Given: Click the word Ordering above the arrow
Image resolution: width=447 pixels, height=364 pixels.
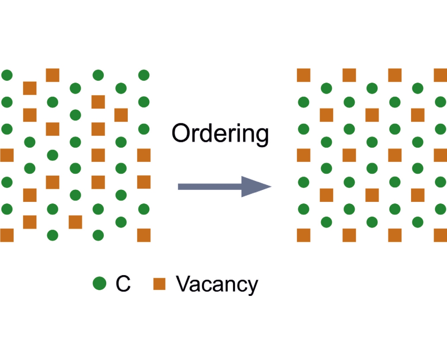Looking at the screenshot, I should [x=220, y=134].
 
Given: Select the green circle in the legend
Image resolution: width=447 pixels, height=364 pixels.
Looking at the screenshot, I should [x=99, y=283].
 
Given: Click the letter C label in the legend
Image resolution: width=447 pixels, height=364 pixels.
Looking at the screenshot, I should [x=123, y=284].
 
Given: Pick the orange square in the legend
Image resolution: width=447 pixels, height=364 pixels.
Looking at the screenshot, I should [x=159, y=283].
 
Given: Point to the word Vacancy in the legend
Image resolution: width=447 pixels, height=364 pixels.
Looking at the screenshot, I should [x=217, y=284].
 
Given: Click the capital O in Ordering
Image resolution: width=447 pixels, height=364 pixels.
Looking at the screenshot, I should [x=181, y=133].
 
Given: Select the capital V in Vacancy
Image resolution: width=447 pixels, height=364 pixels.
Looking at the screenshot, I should [x=184, y=284].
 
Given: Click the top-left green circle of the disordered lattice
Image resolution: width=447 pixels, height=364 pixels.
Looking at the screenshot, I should [x=7, y=75].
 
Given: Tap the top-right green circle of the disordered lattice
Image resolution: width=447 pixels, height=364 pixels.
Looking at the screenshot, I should [x=144, y=75].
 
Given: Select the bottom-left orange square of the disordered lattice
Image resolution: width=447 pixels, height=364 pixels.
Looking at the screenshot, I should [x=7, y=235].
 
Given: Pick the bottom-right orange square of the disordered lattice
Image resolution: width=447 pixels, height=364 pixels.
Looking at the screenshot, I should [x=144, y=235].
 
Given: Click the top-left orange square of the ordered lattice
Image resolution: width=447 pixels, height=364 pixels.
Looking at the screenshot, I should [x=303, y=75].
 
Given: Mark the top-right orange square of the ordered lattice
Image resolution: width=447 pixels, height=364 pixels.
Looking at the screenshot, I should [x=440, y=75].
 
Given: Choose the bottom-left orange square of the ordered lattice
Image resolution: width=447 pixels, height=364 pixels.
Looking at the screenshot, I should [x=303, y=235].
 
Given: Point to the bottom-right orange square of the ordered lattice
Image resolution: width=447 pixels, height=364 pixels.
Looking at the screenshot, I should [x=440, y=235].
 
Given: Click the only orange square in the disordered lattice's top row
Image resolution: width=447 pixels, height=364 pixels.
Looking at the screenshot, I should [x=53, y=75].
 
